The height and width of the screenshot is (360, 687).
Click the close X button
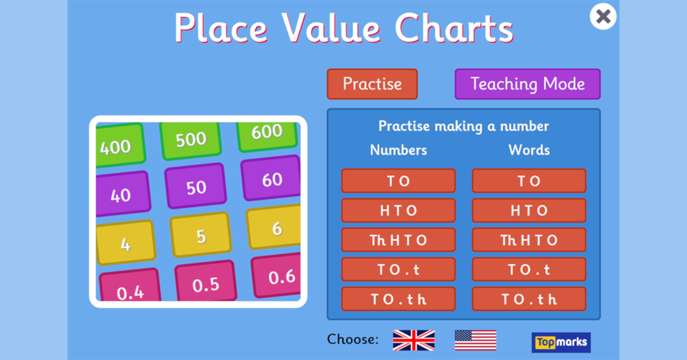pos(603,17)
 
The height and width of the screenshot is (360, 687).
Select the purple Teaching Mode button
pos(527,84)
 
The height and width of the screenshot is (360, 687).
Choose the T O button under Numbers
pos(398,181)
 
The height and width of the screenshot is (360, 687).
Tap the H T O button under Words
pos(529,211)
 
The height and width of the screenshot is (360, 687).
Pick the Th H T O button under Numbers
pos(398,240)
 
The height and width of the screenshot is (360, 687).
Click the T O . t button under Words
pos(529,270)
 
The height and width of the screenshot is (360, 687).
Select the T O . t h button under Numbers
pos(398,299)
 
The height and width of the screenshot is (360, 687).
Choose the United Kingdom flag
pos(413,340)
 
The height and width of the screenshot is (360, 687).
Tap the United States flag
pos(475,340)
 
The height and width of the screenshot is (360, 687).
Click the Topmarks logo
pos(561,343)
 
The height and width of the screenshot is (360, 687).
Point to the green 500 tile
pos(191,139)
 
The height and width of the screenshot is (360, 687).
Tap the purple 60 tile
pos(271,179)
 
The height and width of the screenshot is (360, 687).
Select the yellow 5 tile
pos(201,235)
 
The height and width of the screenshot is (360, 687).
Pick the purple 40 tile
pos(121,194)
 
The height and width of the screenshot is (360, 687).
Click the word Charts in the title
pos(454,29)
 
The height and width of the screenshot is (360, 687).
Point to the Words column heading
pos(529,150)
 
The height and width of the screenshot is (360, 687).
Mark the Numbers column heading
pos(398,150)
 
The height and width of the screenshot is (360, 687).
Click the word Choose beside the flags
pos(352,340)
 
